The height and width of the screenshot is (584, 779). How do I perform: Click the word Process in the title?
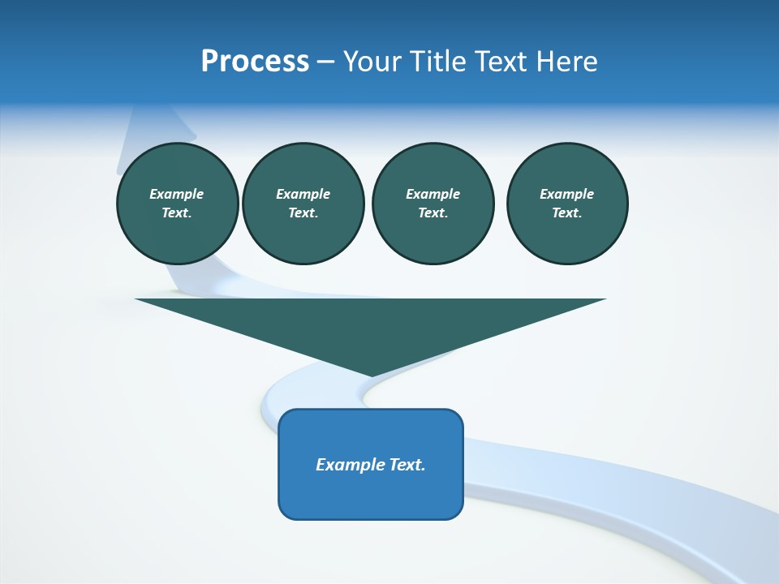[255, 62]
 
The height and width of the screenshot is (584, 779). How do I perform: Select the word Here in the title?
[564, 62]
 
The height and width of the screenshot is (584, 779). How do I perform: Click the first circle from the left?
[177, 203]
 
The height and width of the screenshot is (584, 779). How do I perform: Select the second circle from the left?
[303, 203]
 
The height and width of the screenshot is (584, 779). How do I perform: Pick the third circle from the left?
[433, 203]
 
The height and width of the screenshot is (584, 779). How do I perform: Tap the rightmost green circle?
[566, 203]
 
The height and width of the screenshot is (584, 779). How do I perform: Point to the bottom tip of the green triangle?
[371, 375]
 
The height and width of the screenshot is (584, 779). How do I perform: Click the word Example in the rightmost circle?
[566, 194]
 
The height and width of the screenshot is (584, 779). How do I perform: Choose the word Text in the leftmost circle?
[176, 213]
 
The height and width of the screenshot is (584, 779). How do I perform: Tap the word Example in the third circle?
[433, 194]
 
